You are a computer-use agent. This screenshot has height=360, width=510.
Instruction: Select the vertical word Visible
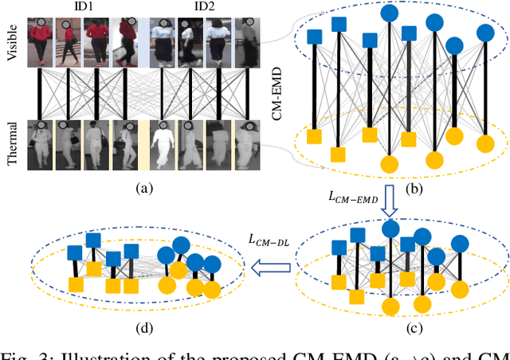(x=10, y=44)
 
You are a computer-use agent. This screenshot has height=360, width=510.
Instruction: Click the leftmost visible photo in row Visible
(x=41, y=43)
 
